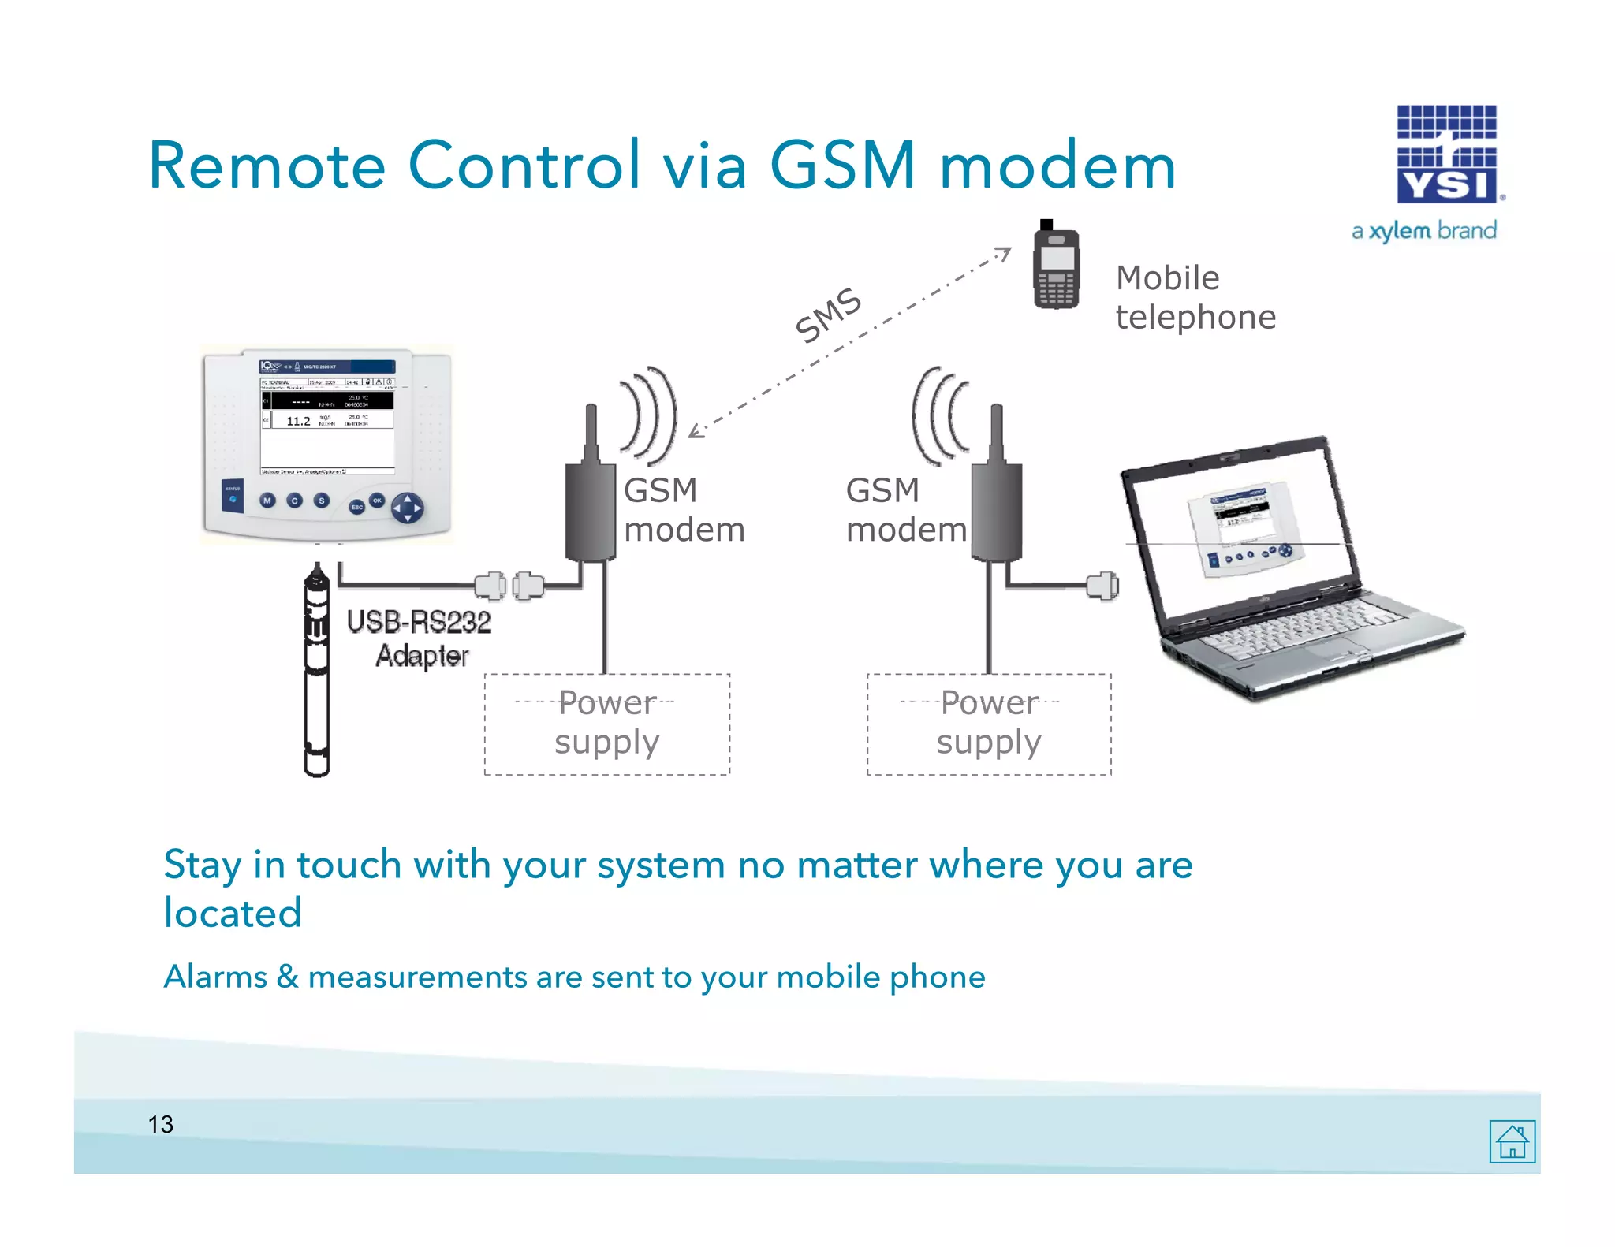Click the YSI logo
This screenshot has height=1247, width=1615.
click(x=1447, y=155)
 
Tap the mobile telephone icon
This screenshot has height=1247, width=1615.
click(x=1056, y=266)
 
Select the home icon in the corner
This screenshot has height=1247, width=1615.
click(x=1511, y=1141)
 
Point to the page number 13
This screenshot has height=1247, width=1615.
click(x=161, y=1124)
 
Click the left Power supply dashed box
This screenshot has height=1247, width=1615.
click(x=606, y=724)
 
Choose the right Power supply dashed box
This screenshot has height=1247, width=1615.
click(x=989, y=724)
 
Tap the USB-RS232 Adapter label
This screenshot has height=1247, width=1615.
click(x=420, y=638)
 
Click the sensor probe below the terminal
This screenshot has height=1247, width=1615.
click(x=317, y=670)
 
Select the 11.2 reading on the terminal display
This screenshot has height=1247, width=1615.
click(x=298, y=421)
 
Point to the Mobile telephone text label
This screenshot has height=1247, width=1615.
click(x=1194, y=298)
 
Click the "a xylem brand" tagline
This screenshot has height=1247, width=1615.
click(x=1423, y=231)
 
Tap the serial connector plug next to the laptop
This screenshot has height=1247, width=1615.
click(x=1103, y=586)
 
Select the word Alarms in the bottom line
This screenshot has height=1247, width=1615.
click(x=215, y=977)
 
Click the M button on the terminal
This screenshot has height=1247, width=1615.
click(x=267, y=501)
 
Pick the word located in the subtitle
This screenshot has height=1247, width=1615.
click(x=233, y=913)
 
